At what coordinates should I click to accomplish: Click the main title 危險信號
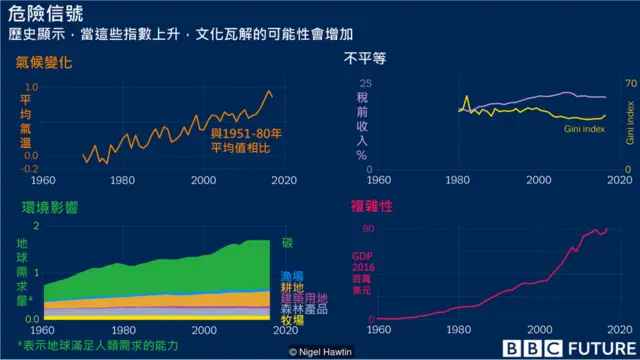pos(42,12)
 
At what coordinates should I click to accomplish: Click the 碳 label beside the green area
pos(287,242)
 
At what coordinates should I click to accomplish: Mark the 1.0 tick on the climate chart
pos(29,87)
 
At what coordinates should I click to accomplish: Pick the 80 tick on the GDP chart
pos(365,230)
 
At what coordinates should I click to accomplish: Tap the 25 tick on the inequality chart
pos(365,84)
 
